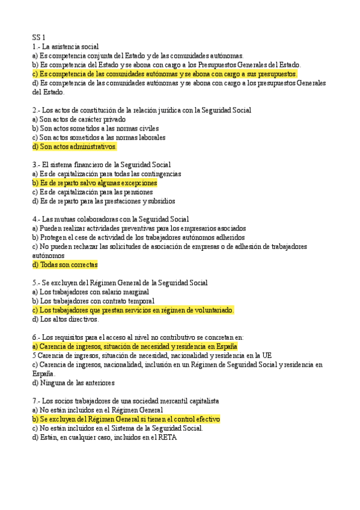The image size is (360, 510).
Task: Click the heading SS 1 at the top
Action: tap(39, 37)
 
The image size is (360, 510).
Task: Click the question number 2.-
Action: tap(36, 110)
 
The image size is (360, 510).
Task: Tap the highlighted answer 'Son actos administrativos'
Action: tap(75, 147)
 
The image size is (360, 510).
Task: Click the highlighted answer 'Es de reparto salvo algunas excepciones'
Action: tap(95, 183)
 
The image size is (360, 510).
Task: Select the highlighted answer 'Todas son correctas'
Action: tap(65, 265)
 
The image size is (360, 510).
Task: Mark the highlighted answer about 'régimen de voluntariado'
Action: tap(133, 310)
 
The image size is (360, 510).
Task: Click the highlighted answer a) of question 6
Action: tap(135, 346)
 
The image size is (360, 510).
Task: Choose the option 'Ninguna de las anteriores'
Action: tap(73, 382)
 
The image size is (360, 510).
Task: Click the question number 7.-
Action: tap(36, 401)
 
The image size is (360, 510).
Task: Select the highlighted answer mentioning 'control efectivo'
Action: tap(127, 419)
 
